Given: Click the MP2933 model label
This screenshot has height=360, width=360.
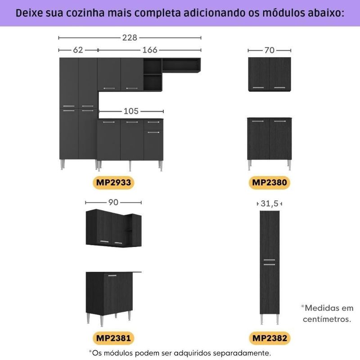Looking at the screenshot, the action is (x=113, y=183).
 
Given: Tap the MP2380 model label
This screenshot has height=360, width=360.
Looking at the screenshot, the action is (x=269, y=183).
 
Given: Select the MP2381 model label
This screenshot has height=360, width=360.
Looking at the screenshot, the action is (x=113, y=338).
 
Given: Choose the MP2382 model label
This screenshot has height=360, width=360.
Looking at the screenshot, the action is (x=270, y=338).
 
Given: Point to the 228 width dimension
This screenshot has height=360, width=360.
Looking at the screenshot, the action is (x=130, y=37).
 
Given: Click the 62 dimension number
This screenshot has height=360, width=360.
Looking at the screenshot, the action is (x=78, y=50).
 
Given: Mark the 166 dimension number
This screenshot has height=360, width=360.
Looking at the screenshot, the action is (x=150, y=50).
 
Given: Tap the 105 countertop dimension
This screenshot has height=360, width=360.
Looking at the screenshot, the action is (x=131, y=111).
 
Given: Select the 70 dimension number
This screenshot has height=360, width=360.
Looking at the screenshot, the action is (x=269, y=50).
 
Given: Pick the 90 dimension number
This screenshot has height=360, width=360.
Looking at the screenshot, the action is (x=113, y=202).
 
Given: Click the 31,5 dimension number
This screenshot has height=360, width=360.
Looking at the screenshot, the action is (x=269, y=203).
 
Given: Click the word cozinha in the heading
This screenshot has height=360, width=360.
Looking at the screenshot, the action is (x=85, y=13).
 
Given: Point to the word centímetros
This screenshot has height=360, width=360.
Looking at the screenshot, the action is (x=327, y=319).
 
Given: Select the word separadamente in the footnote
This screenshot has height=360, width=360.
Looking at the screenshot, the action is (x=242, y=353).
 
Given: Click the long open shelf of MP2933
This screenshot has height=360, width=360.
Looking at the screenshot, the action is (x=181, y=65).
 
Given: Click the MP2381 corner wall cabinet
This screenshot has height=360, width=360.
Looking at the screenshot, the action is (x=113, y=228).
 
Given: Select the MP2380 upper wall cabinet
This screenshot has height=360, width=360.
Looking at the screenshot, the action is (x=270, y=74).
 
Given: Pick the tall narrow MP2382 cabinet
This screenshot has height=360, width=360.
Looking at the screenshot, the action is (x=270, y=267).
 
